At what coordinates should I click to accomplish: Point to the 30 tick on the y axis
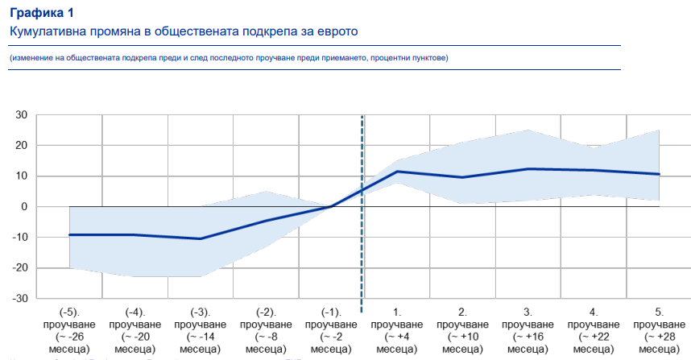pyautogui.click(x=22, y=115)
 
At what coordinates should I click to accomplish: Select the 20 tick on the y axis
pyautogui.click(x=22, y=146)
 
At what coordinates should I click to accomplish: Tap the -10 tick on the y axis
pyautogui.click(x=19, y=238)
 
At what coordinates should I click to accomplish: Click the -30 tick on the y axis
pyautogui.click(x=19, y=299)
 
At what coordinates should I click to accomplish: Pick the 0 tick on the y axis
pyautogui.click(x=25, y=207)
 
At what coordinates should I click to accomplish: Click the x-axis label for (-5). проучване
pyautogui.click(x=68, y=329)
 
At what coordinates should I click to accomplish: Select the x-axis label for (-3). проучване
pyautogui.click(x=200, y=329)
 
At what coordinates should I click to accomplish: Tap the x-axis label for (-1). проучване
pyautogui.click(x=331, y=329)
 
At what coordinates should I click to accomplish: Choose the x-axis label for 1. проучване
pyautogui.click(x=397, y=329)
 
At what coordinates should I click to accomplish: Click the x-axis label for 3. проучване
pyautogui.click(x=528, y=329)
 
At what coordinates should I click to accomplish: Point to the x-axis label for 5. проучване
pyautogui.click(x=660, y=329)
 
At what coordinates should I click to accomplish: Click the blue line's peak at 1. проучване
pyautogui.click(x=397, y=172)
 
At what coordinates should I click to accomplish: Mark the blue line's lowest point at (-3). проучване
pyautogui.click(x=200, y=238)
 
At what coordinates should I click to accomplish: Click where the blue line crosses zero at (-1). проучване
pyautogui.click(x=331, y=207)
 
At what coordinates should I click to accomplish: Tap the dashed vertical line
pyautogui.click(x=362, y=242)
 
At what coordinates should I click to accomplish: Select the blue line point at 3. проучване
pyautogui.click(x=528, y=169)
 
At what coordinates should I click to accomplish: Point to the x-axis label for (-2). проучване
pyautogui.click(x=266, y=329)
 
